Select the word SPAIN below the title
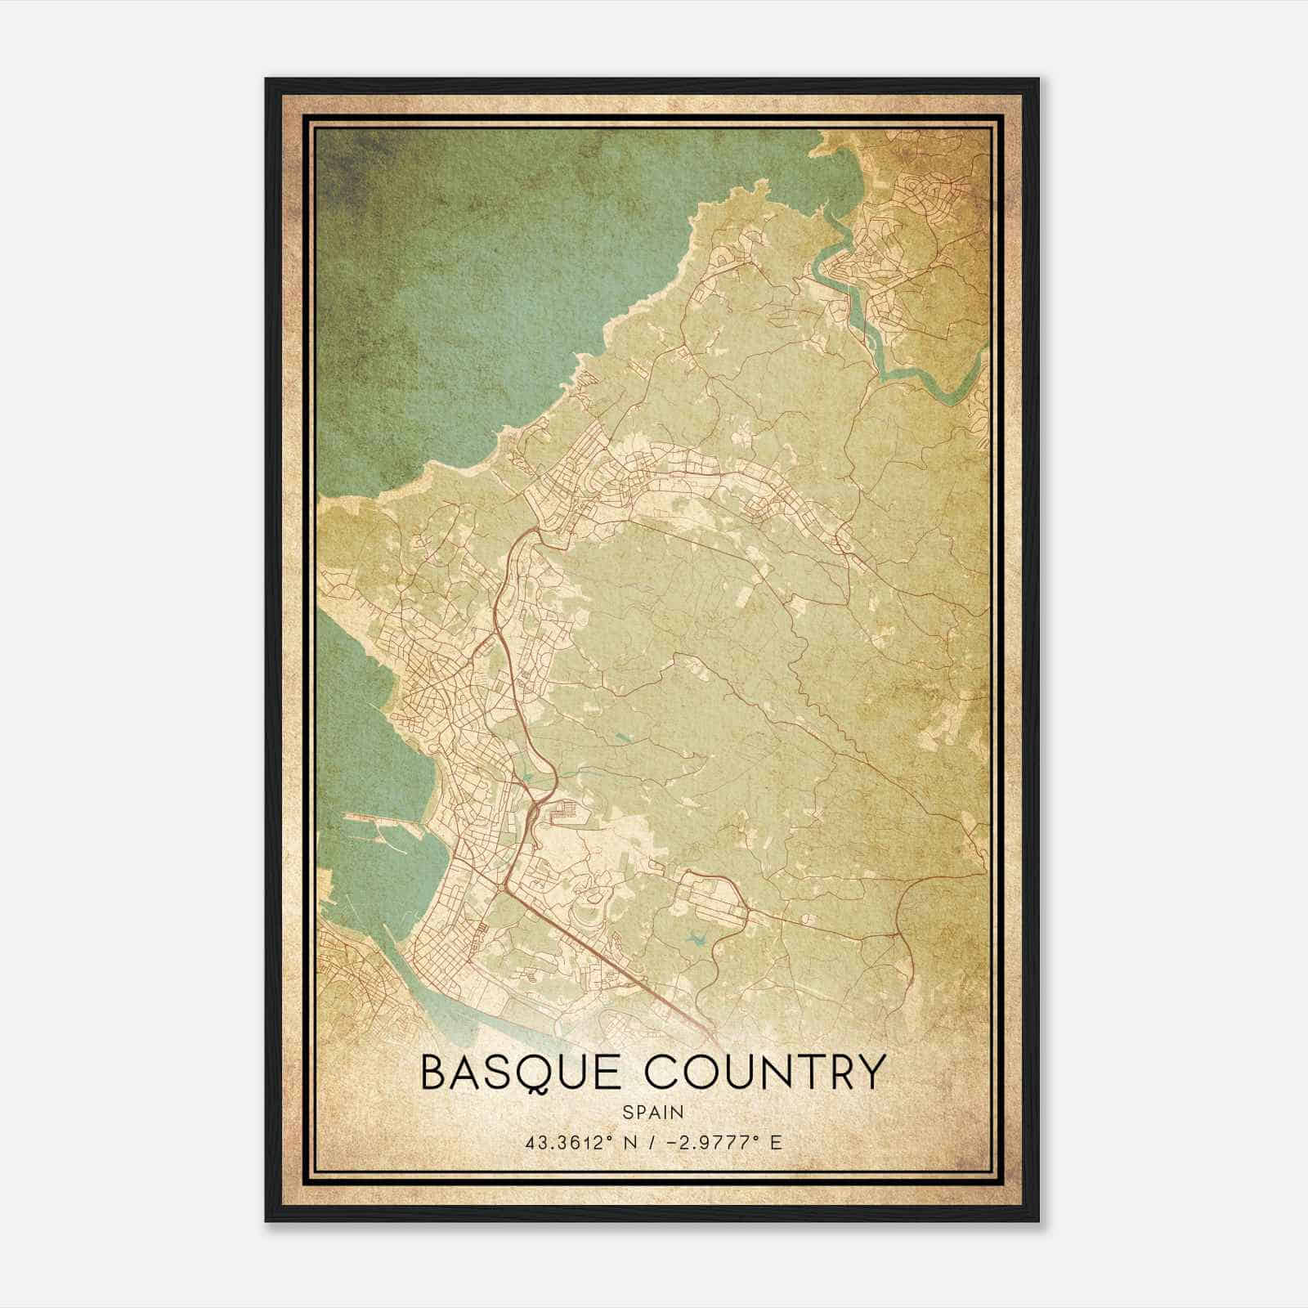tap(652, 1112)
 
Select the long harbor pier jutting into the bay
tap(384, 820)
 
